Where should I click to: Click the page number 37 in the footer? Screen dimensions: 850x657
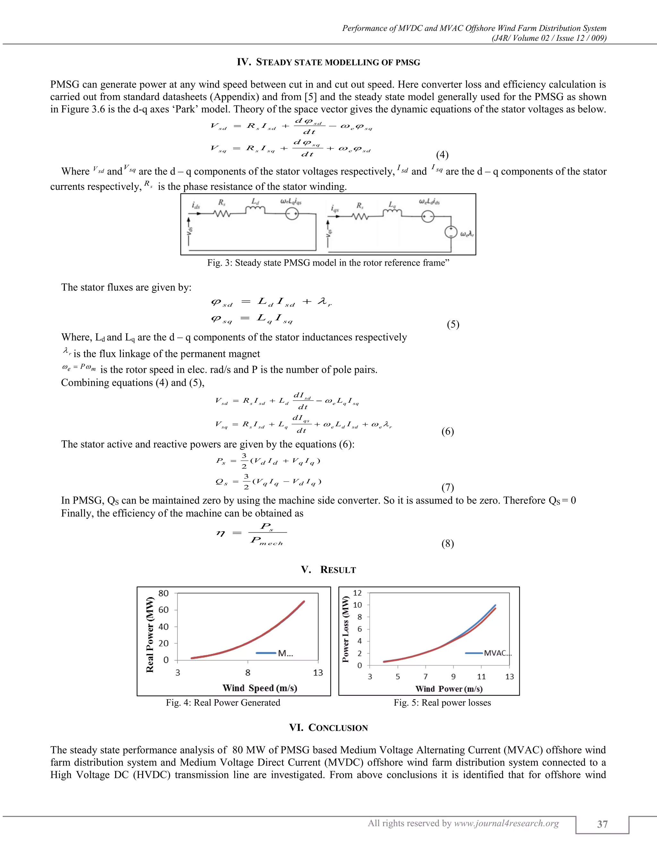(602, 824)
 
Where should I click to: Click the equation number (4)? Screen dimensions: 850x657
(442, 155)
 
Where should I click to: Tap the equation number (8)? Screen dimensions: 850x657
(448, 543)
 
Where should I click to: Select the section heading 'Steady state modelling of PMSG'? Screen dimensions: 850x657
(328, 62)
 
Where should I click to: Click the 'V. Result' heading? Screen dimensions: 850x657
(328, 570)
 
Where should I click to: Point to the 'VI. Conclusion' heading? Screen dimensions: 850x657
(328, 728)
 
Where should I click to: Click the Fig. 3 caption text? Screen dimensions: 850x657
(328, 263)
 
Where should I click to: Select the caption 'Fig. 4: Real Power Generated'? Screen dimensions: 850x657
(223, 702)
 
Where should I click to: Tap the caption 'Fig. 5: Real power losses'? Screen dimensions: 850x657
(442, 702)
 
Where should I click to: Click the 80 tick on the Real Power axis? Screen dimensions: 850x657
(164, 593)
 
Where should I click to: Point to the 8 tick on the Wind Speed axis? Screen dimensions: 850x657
(248, 673)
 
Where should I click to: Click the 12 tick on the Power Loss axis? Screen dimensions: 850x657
(357, 593)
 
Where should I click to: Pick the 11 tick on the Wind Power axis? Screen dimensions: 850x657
(482, 676)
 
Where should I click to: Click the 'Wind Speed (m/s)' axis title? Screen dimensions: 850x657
(260, 688)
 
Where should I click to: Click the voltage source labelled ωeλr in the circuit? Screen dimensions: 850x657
(451, 232)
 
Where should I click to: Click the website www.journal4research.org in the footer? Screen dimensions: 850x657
(506, 823)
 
